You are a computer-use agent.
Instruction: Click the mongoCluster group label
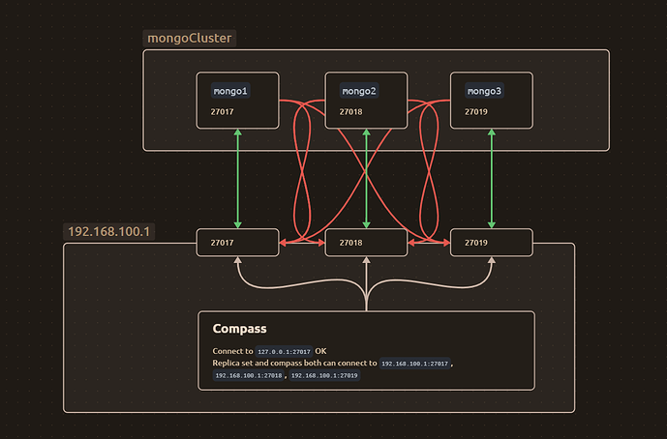click(x=189, y=38)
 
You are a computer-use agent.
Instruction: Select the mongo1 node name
click(x=230, y=92)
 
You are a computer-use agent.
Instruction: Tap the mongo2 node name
click(x=358, y=92)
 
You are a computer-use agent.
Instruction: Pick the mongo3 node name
click(x=484, y=92)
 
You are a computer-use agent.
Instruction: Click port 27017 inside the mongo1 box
click(x=222, y=111)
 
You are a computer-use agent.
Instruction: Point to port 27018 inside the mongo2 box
click(x=350, y=111)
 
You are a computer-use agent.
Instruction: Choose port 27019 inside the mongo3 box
click(x=476, y=111)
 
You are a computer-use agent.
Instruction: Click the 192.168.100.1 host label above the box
click(x=111, y=233)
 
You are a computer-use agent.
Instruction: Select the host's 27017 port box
click(x=237, y=243)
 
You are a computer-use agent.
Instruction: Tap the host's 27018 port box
click(x=365, y=243)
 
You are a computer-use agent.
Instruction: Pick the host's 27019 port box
click(x=492, y=243)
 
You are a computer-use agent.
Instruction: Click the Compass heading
click(x=239, y=329)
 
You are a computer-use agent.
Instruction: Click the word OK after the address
click(x=321, y=351)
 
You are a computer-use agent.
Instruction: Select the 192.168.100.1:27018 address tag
click(x=249, y=375)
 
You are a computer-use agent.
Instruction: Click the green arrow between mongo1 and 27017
click(x=238, y=179)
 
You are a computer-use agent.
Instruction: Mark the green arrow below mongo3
click(x=493, y=179)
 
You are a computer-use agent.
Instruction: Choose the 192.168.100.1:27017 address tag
click(x=415, y=364)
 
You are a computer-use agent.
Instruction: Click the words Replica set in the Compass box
click(x=233, y=363)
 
